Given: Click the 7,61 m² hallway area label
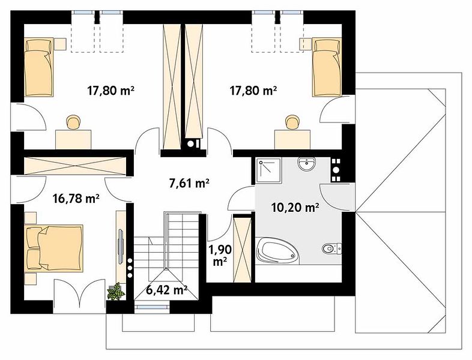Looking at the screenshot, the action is pyautogui.click(x=189, y=183).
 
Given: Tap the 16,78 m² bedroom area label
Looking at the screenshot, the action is pyautogui.click(x=76, y=199).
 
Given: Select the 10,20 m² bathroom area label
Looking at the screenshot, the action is pyautogui.click(x=295, y=207).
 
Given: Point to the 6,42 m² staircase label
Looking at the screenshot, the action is pyautogui.click(x=167, y=290).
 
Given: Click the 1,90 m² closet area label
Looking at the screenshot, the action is pyautogui.click(x=220, y=256).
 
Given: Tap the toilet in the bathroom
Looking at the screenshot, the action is pyautogui.click(x=331, y=248).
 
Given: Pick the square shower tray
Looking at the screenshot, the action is pyautogui.click(x=269, y=170).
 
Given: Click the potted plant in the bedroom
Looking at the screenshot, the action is pyautogui.click(x=116, y=291).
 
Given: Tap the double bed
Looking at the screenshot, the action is pyautogui.click(x=54, y=248).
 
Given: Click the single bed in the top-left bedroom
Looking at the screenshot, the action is pyautogui.click(x=39, y=67).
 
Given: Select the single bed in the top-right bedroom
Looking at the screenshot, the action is pyautogui.click(x=327, y=67).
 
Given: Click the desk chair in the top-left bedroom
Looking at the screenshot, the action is pyautogui.click(x=73, y=122).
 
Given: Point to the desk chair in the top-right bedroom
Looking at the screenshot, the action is pyautogui.click(x=292, y=122).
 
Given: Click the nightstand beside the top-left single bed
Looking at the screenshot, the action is pyautogui.click(x=60, y=44).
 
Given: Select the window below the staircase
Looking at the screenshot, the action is pyautogui.click(x=152, y=307).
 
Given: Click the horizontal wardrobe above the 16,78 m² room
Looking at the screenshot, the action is pyautogui.click(x=75, y=166).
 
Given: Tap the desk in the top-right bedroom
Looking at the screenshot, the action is pyautogui.click(x=292, y=139).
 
